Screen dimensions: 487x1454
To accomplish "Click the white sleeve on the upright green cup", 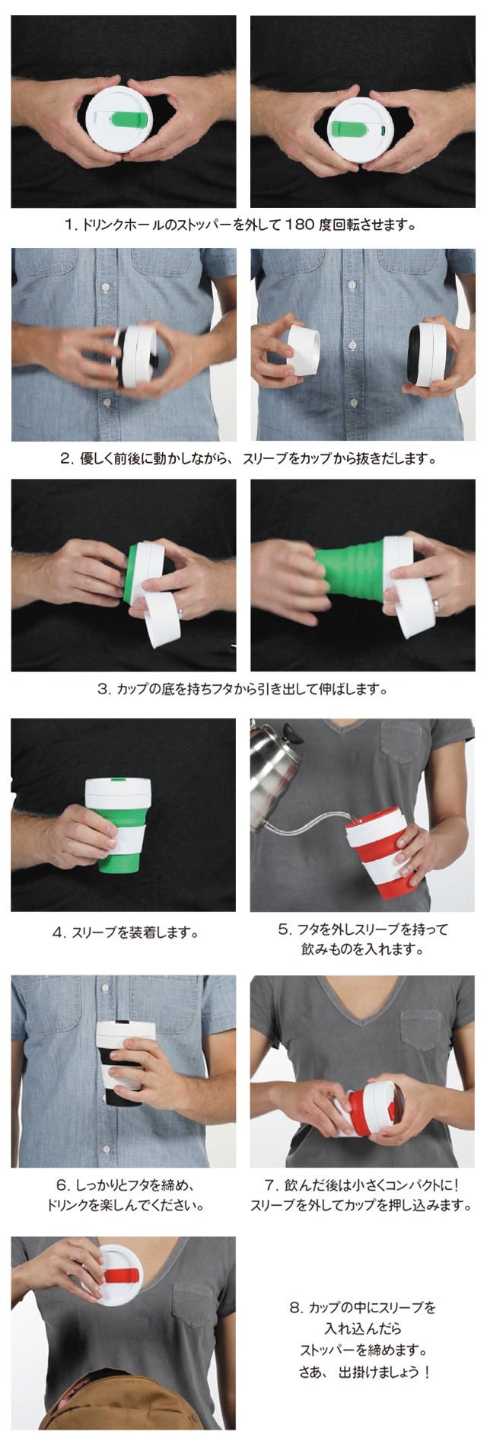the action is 129,837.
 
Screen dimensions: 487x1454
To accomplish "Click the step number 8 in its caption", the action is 294,1308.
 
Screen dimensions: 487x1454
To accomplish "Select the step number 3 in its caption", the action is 103,690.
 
